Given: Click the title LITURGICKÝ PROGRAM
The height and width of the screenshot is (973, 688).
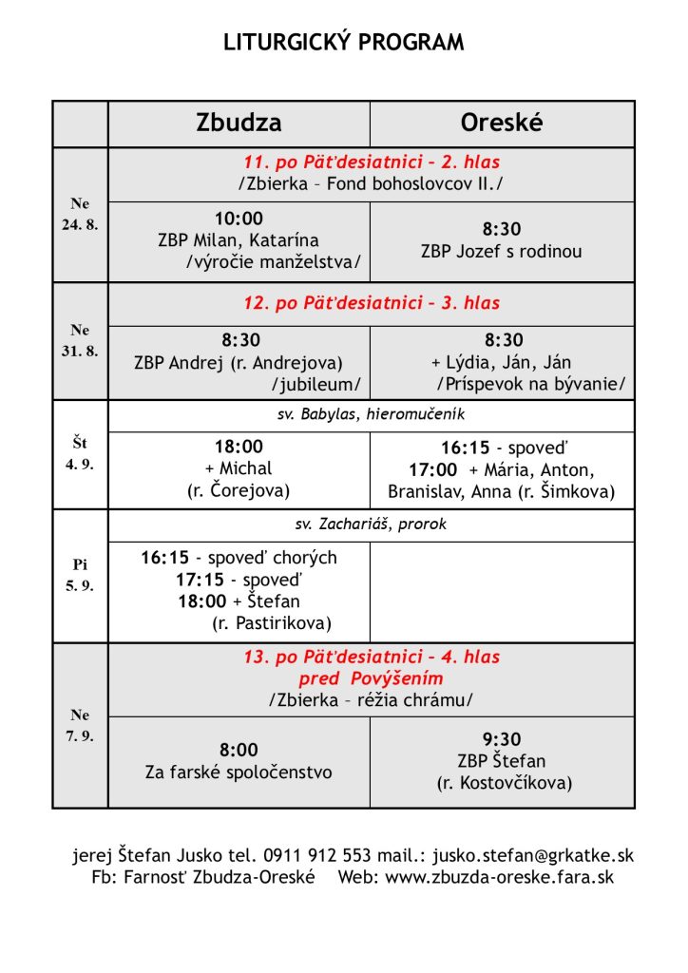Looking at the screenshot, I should pos(344,43).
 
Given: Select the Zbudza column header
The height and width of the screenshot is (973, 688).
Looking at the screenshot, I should pos(239,123).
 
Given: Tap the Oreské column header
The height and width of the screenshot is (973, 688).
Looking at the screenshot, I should pos(501,123).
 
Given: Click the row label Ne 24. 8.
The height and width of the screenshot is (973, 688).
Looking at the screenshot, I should pos(80,216).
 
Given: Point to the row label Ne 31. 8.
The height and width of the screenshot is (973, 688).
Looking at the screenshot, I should pos(80,340).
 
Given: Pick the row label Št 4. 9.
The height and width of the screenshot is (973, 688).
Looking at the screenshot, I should pos(80,453).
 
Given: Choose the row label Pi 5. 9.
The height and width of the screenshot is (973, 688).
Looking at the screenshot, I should pos(80,575).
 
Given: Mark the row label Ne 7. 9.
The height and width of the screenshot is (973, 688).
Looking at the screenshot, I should pos(80,726).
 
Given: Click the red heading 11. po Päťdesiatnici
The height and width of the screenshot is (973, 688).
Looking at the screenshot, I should pos(373,162).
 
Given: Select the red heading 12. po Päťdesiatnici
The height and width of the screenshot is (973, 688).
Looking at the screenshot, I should pos(373,303).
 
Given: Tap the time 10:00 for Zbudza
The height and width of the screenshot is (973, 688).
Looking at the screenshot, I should pos(239,219).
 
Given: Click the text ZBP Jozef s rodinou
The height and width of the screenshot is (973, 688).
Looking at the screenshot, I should pos(501,252).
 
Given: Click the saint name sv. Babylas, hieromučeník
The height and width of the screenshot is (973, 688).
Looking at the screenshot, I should pos(371,414).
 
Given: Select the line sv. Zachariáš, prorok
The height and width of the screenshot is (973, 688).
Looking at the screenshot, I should pos(371,525).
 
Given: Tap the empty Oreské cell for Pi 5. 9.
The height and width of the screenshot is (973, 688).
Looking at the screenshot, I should pos(502,591).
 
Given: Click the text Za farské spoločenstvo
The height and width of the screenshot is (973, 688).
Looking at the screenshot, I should pos(239,773).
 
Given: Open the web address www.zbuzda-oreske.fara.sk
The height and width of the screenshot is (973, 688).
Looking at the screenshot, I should pos(499,877).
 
